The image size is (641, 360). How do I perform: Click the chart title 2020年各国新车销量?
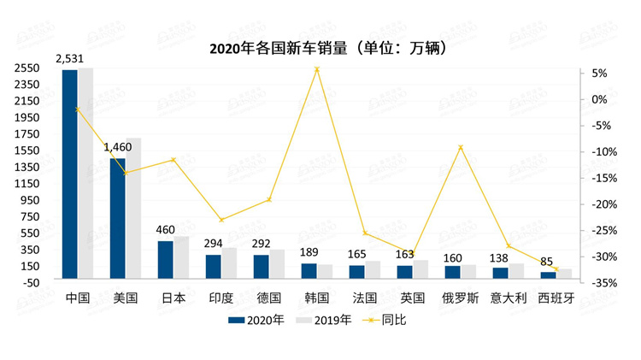coord(328,48)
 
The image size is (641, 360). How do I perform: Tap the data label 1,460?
coord(118,147)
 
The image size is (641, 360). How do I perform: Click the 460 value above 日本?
coord(165,229)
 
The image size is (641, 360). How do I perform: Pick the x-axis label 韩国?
coord(316,298)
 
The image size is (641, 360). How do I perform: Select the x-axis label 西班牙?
coord(556,298)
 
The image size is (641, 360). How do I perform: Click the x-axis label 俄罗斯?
coord(460,298)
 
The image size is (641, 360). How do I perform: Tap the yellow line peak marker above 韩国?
coord(317,69)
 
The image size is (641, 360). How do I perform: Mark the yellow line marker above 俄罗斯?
coord(461,147)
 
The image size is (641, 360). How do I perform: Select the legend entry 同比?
coord(389,321)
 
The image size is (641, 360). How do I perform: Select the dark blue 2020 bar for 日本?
coord(165,259)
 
